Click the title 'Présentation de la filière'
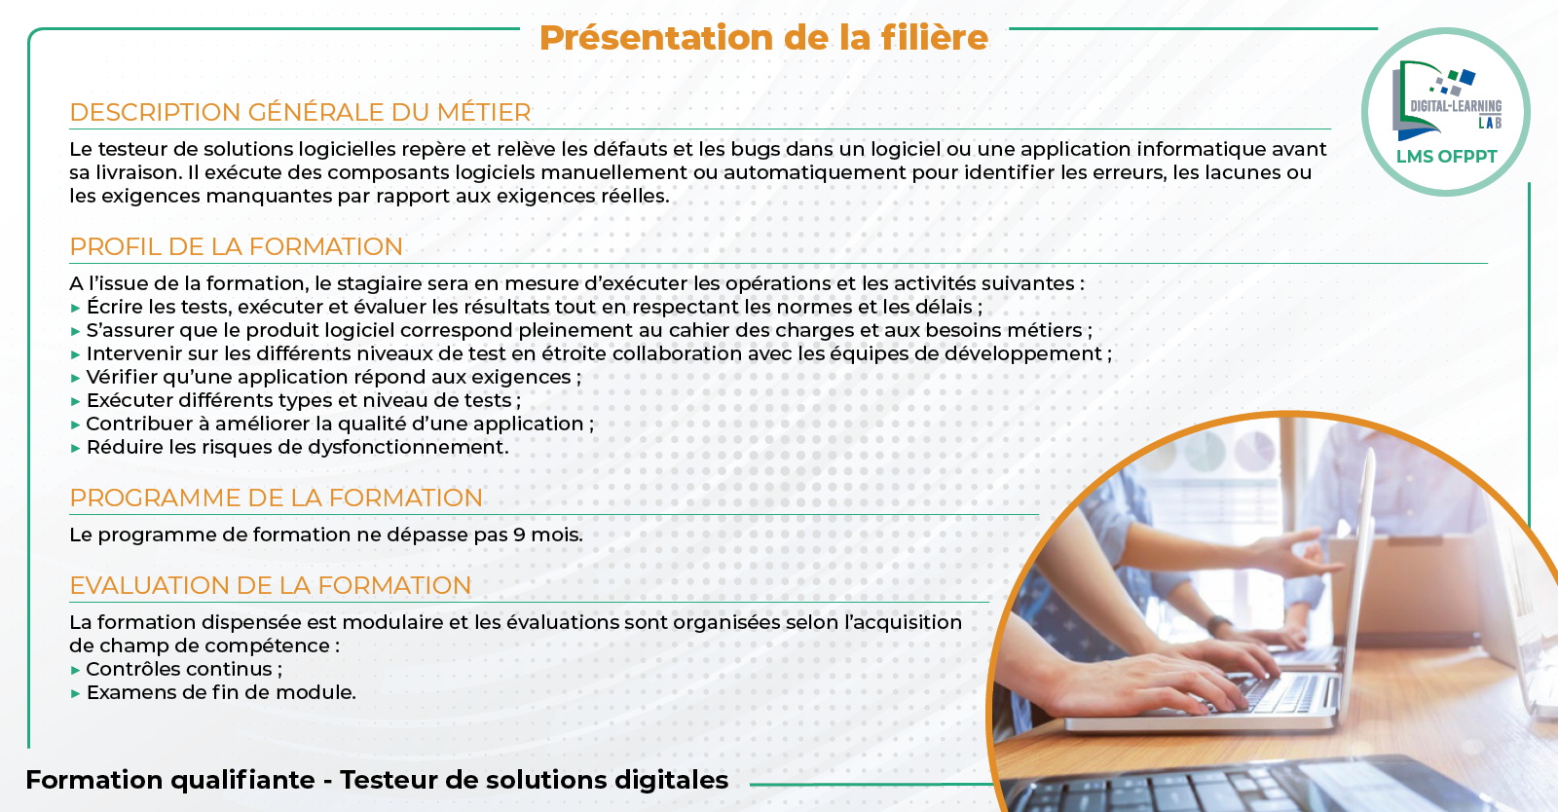click(763, 38)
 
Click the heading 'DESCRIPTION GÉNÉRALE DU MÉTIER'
click(301, 112)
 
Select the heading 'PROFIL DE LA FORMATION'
click(237, 246)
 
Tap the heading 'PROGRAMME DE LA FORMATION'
click(277, 498)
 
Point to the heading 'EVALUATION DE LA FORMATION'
click(271, 585)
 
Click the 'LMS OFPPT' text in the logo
click(1447, 157)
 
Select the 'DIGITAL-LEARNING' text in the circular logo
click(1456, 106)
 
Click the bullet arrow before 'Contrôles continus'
click(76, 670)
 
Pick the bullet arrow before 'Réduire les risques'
click(76, 449)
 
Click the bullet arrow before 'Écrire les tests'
click(76, 308)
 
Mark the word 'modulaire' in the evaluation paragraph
click(391, 622)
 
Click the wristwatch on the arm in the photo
click(1218, 624)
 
